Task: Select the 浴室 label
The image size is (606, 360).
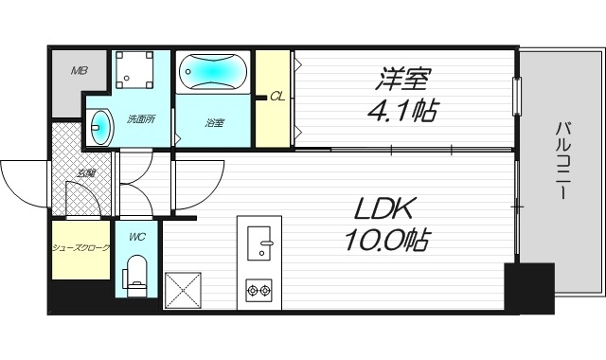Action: (x=215, y=122)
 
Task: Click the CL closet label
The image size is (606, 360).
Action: (x=276, y=96)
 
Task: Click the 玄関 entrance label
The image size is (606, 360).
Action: (x=86, y=173)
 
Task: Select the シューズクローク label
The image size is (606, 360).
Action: (x=81, y=248)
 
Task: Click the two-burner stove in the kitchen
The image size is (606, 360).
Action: (x=259, y=288)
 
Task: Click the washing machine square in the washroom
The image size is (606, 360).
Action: (x=135, y=68)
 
